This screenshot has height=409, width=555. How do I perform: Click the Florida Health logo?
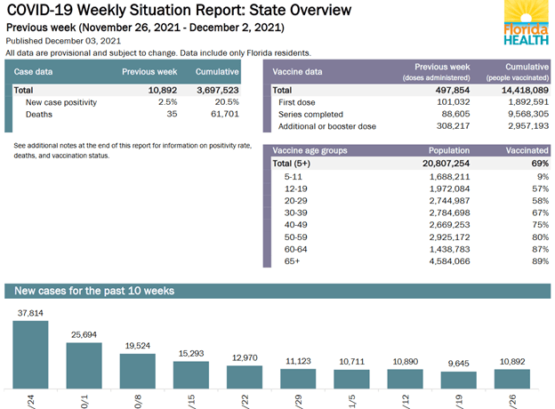(526, 25)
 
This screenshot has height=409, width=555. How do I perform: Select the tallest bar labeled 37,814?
(30, 354)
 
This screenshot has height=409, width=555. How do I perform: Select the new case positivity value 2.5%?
(166, 103)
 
